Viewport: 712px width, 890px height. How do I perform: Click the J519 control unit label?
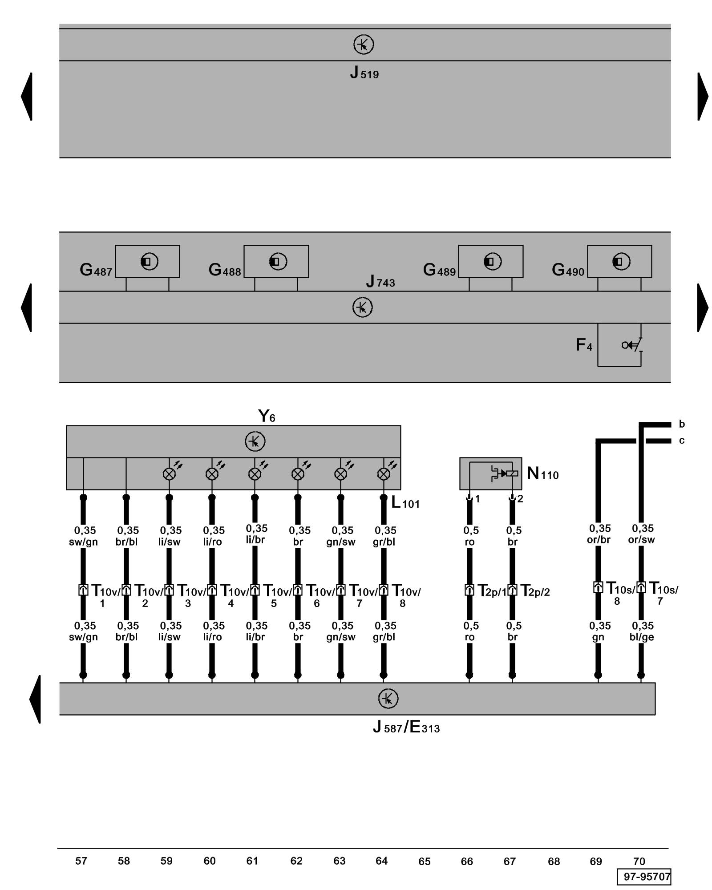coord(364,73)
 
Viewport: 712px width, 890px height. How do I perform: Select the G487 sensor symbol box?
coord(147,261)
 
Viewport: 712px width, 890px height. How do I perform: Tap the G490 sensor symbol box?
coord(619,261)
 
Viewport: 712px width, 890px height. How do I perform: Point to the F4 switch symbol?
coord(631,345)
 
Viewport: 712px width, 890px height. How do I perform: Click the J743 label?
coord(380,282)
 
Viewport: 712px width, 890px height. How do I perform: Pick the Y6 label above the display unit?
coord(267,416)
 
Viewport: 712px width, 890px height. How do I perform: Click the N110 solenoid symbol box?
coord(490,473)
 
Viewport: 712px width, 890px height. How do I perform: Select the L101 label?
coord(405,503)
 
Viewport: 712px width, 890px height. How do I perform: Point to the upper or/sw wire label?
coord(641,534)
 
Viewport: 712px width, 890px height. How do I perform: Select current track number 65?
coord(424,862)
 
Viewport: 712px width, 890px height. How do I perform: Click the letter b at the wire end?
coord(681,424)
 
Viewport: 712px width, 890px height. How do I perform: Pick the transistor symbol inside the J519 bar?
coord(363,45)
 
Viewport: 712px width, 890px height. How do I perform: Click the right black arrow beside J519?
coord(702,97)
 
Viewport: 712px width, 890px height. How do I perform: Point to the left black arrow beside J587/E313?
coord(36,699)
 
